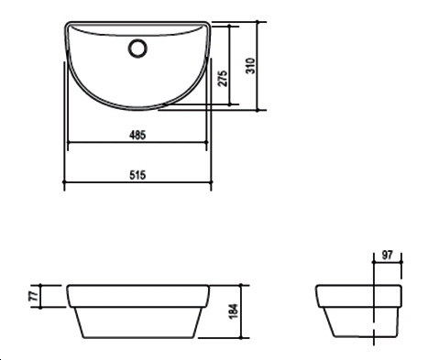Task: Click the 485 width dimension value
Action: coord(137,135)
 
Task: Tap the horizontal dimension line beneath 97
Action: coord(388,264)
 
